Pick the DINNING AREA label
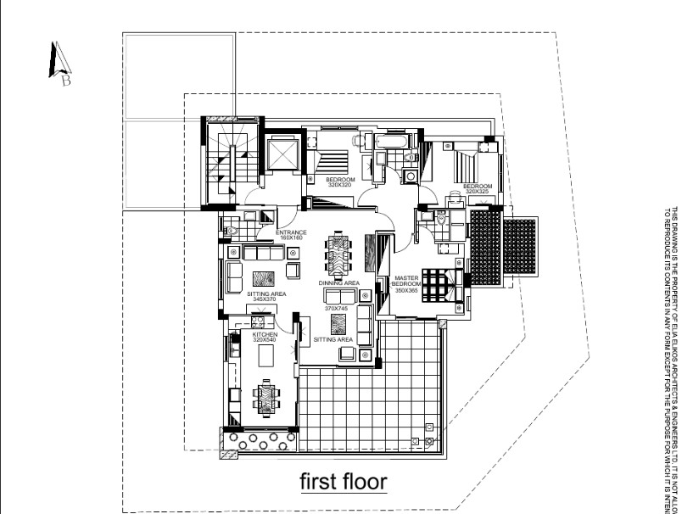339,282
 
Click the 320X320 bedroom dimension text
340,184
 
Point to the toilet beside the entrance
232,226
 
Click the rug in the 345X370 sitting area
260,277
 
